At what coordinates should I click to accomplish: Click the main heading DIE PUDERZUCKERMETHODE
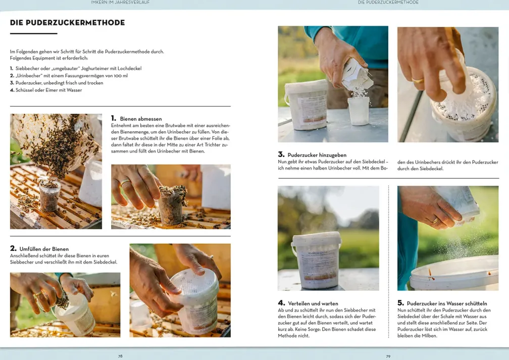[x=68, y=23]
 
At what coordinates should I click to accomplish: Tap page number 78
[x=120, y=356]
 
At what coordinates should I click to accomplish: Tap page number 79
[x=388, y=356]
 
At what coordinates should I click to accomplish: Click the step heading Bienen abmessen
[x=141, y=119]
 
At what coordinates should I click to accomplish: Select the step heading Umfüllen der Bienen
[x=44, y=249]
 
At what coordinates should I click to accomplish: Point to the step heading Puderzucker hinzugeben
[x=317, y=155]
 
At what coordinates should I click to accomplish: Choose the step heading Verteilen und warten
[x=313, y=303]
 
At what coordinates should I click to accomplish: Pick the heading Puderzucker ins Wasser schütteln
[x=447, y=303]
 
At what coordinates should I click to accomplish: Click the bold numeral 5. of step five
[x=400, y=303]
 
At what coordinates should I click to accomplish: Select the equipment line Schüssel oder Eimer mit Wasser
[x=48, y=90]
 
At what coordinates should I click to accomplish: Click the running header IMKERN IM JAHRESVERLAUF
[x=120, y=3]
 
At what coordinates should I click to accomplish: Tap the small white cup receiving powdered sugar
[x=359, y=111]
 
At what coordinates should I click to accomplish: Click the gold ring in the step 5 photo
[x=435, y=221]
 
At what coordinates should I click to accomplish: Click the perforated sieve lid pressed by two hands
[x=194, y=282]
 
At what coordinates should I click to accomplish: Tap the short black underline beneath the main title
[x=33, y=33]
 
